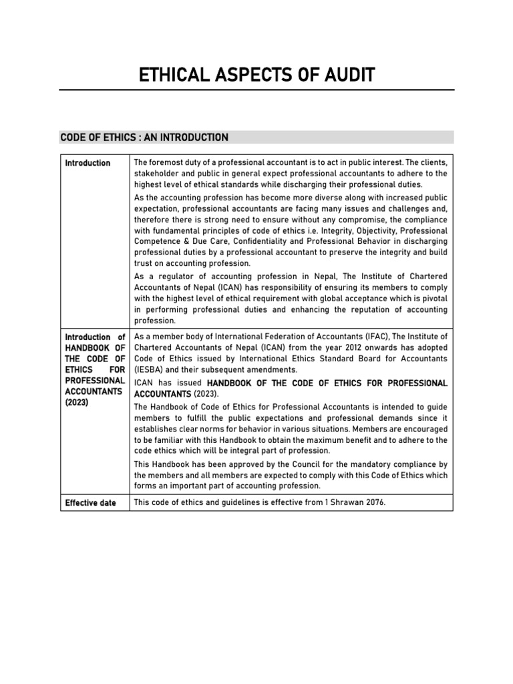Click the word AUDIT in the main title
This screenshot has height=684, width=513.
click(344, 75)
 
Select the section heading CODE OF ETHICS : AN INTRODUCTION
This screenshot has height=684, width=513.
click(144, 138)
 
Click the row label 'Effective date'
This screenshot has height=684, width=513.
click(90, 502)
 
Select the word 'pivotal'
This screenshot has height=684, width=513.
click(432, 298)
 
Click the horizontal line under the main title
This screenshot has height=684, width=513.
click(256, 90)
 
